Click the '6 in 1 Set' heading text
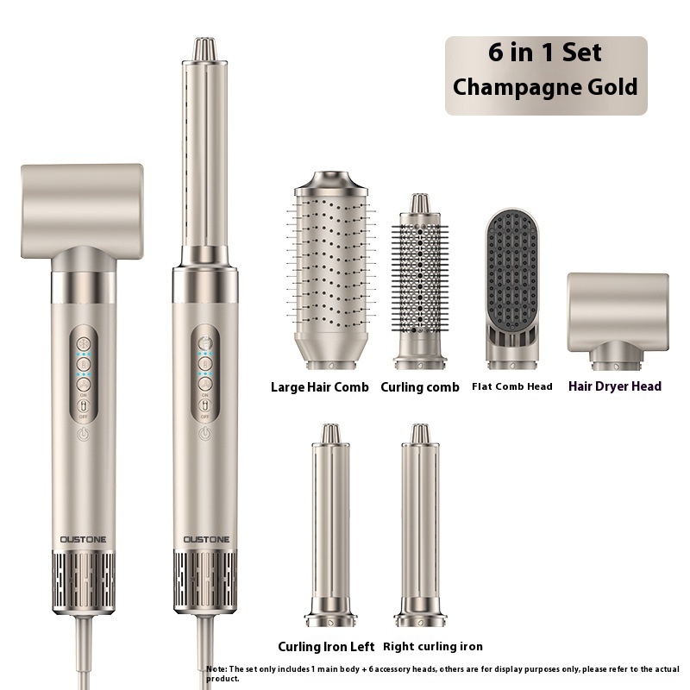click(545, 53)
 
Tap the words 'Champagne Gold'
click(545, 87)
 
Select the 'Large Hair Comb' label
click(319, 387)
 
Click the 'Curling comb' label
click(420, 387)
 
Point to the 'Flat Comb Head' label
click(511, 386)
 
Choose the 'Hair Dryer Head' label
click(615, 386)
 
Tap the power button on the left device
click(83, 435)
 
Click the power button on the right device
click(204, 435)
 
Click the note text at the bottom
click(442, 673)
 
